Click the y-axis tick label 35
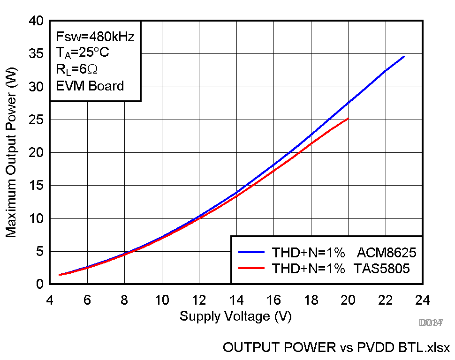click(36, 54)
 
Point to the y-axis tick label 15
click(36, 186)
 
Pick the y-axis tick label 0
click(39, 284)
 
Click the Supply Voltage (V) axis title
click(235, 316)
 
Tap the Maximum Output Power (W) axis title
click(11, 152)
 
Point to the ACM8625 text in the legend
click(387, 253)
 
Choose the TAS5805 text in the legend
click(382, 269)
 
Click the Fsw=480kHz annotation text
click(95, 37)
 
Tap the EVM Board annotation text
click(90, 86)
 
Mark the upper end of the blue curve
click(404, 56)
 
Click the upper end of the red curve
click(348, 118)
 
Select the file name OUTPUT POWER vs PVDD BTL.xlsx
click(336, 348)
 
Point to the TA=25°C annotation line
click(83, 53)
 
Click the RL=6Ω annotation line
click(76, 69)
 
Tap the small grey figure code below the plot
click(431, 322)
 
